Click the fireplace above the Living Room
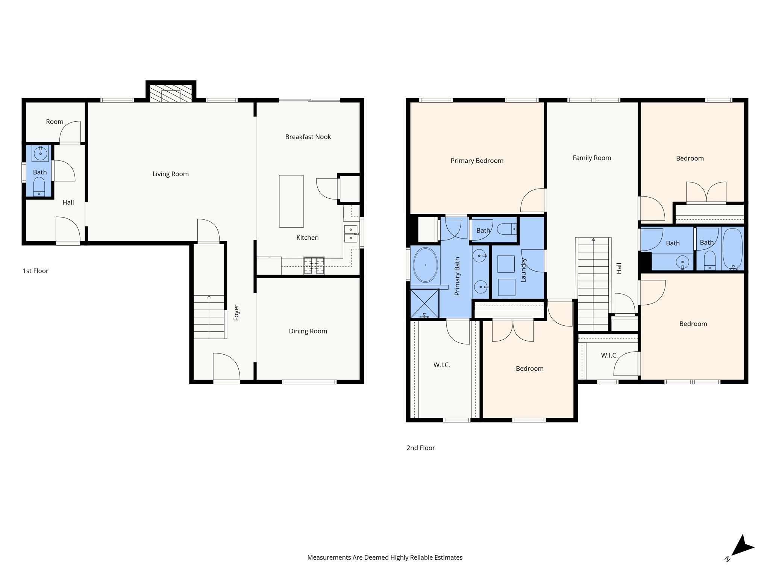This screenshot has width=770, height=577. tap(171, 93)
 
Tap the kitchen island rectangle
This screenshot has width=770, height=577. tap(291, 201)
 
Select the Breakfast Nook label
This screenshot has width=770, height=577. tap(308, 137)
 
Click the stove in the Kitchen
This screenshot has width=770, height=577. tap(314, 266)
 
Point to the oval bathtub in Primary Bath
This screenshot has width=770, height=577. tap(425, 265)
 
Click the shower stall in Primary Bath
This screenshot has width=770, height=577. tap(424, 303)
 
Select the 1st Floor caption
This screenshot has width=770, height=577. tap(35, 271)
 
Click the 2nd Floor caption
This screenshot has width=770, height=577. tap(420, 448)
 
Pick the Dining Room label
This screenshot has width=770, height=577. tap(308, 331)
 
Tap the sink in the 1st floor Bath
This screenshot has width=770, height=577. tap(40, 153)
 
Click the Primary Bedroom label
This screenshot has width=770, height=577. tap(477, 161)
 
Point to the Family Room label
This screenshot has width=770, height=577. tap(592, 158)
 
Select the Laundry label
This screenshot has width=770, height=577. tap(523, 270)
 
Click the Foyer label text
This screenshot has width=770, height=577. tap(236, 313)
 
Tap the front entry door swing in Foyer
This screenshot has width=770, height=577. tap(226, 366)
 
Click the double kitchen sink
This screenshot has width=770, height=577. tap(351, 234)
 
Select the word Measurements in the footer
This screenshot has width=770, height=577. tap(329, 557)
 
